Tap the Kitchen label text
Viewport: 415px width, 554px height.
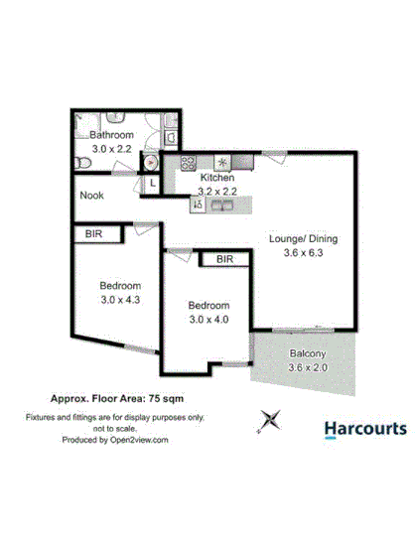point(216,178)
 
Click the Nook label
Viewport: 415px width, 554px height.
point(92,196)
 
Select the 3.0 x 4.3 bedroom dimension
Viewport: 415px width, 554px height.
point(120,298)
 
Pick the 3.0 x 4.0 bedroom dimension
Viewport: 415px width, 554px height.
point(208,319)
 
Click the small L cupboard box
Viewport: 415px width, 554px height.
point(153,183)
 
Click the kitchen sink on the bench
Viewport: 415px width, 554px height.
point(220,205)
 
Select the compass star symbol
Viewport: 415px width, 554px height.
point(266,422)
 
